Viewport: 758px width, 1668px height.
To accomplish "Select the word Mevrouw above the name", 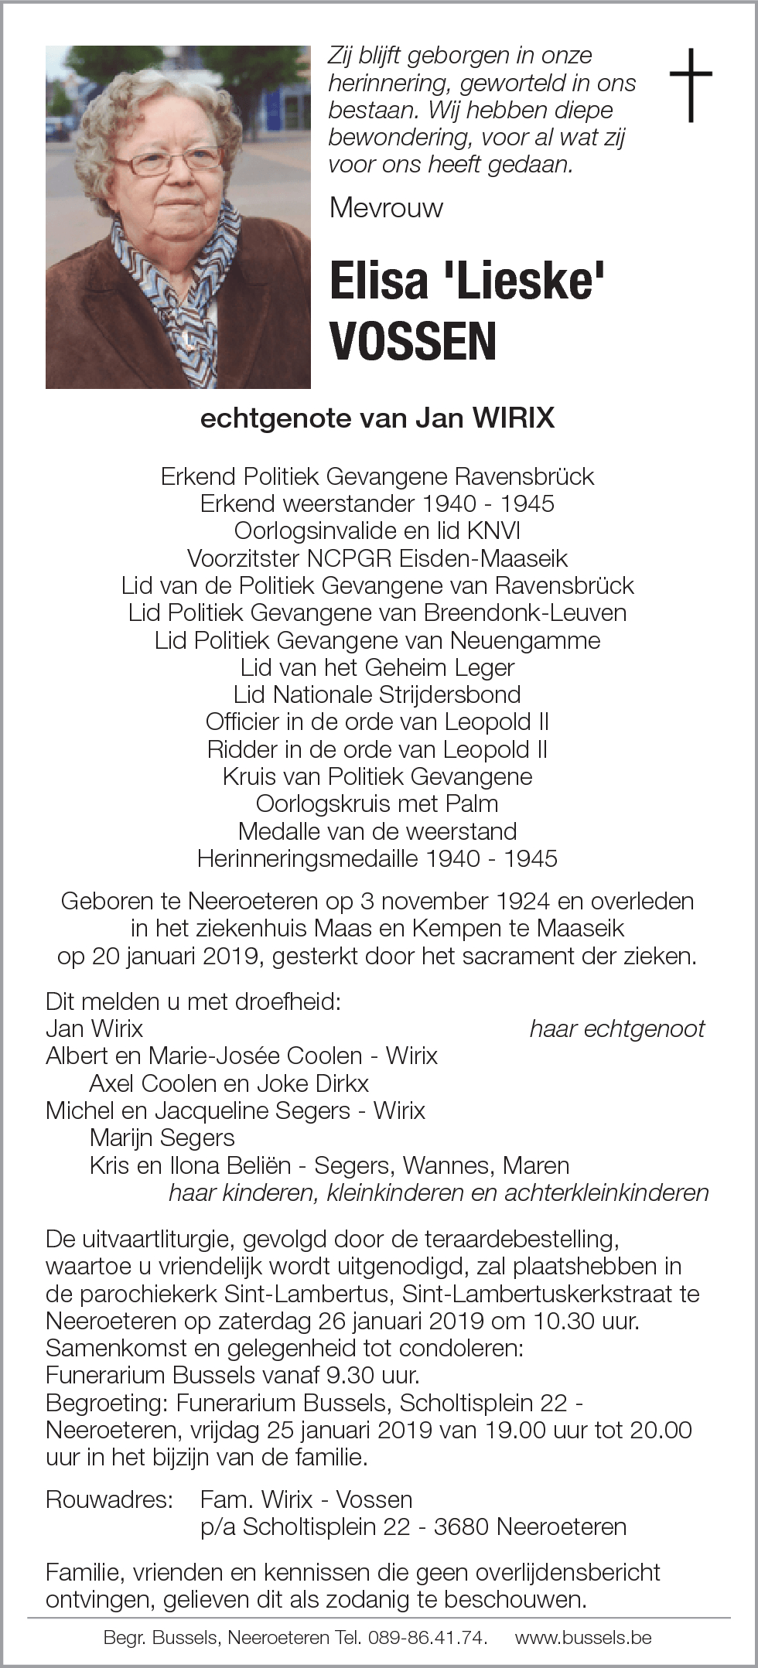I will (x=386, y=207).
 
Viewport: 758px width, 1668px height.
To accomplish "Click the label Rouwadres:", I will (x=108, y=1499).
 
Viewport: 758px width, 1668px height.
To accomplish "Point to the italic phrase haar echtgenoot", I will (x=617, y=1028).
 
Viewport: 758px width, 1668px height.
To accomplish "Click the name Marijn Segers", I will (x=162, y=1138).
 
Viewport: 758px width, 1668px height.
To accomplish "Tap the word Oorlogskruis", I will (x=323, y=803).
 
